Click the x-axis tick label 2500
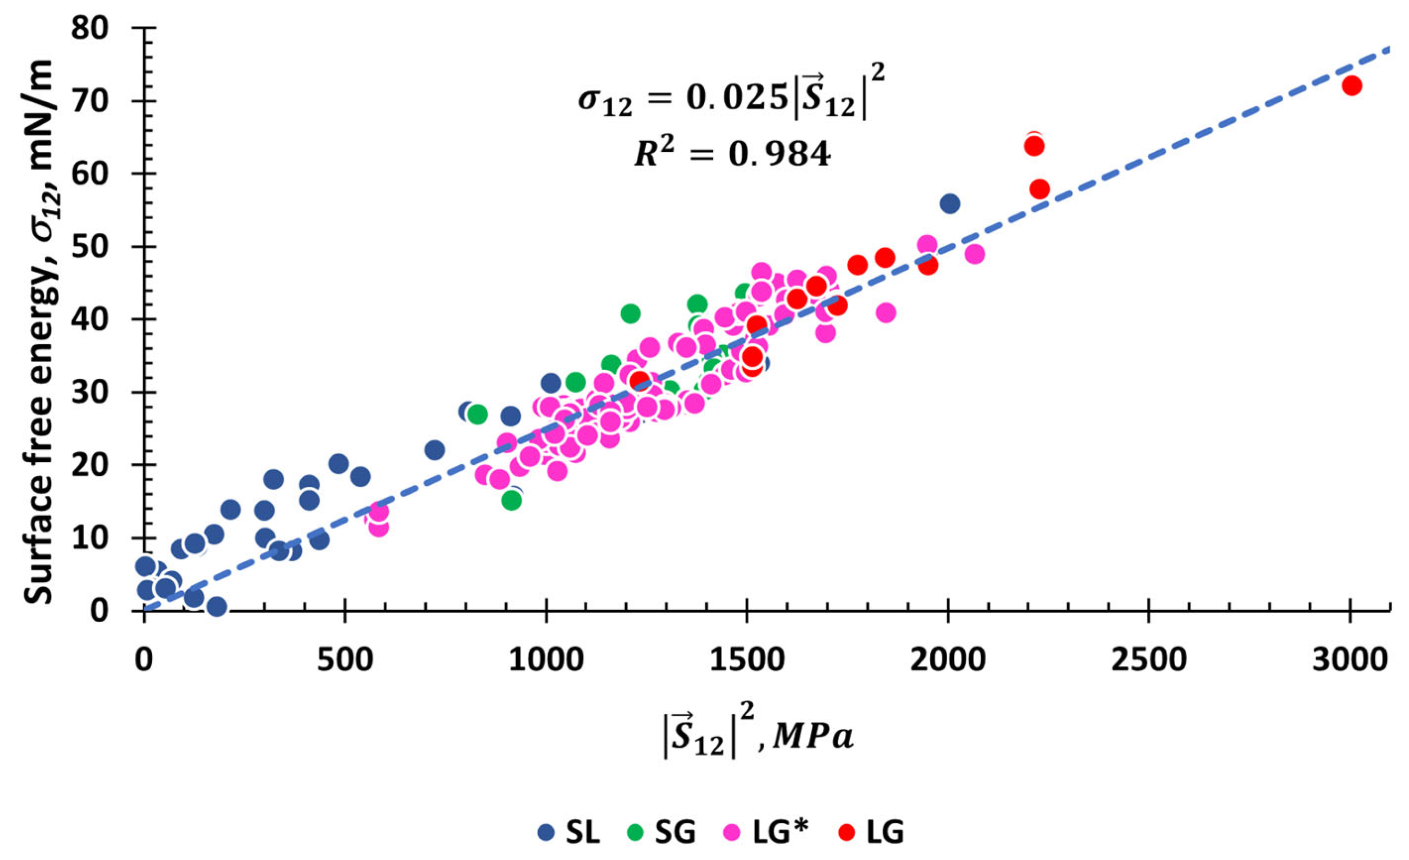click(1149, 660)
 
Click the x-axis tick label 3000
click(1349, 660)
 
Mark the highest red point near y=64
click(1034, 145)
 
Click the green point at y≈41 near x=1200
click(630, 314)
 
